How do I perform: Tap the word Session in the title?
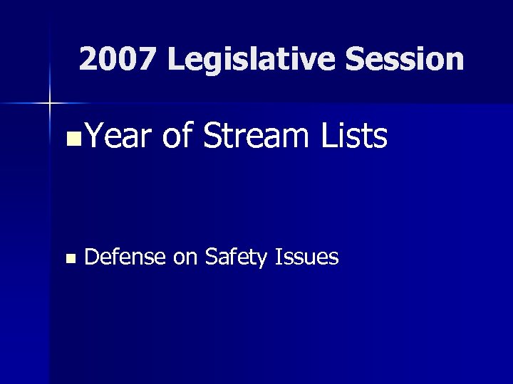click(405, 60)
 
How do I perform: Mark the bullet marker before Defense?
click(69, 259)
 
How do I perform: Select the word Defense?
click(125, 257)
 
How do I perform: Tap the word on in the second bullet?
click(185, 257)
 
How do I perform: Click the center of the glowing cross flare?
click(49, 104)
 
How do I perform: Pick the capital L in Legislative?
click(175, 60)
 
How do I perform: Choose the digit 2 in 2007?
click(89, 60)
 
